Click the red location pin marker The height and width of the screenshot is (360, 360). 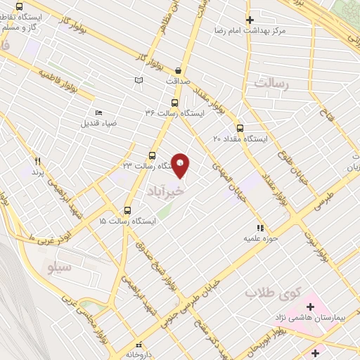181,165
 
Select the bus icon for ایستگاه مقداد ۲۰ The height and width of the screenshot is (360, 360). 240,128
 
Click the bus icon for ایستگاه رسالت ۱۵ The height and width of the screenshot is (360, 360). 127,210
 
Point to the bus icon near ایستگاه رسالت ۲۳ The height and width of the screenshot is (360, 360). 152,155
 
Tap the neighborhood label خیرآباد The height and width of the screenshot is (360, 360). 166,191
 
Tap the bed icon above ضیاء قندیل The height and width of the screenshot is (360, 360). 98,112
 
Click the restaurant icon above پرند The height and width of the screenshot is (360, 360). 37,161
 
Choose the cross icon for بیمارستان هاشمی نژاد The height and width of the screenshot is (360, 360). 310,307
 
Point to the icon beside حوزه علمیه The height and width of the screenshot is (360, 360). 260,228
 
